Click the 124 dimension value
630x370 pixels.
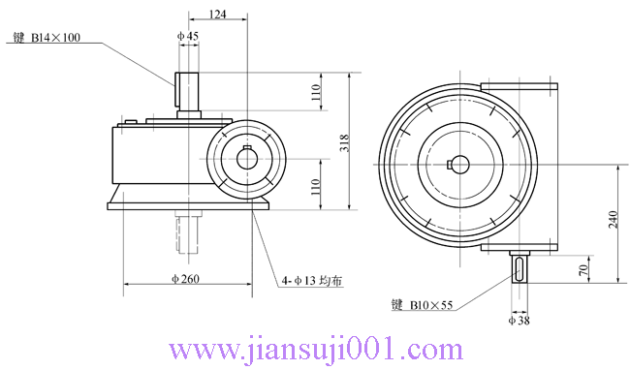218,14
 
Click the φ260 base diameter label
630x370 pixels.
185,279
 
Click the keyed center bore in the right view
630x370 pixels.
458,163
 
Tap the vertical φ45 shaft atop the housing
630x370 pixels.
187,93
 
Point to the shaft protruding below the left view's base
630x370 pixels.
189,232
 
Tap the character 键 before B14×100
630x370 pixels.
17,40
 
